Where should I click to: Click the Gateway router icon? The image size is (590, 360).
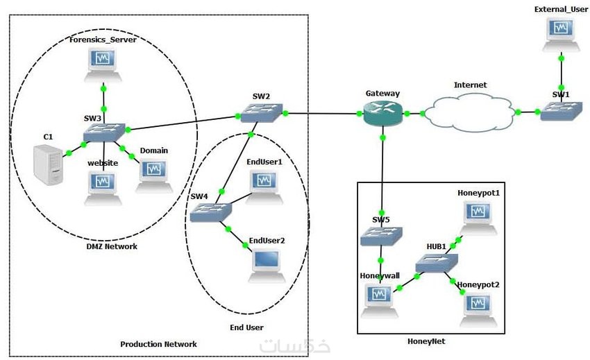[x=381, y=113]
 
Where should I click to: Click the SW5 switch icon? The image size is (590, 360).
[x=380, y=237]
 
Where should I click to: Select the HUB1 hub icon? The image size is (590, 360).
[x=437, y=264]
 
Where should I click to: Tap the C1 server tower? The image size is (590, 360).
[x=48, y=164]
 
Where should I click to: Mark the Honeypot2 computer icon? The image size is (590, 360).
[x=478, y=307]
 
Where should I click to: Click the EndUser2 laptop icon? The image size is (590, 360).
[x=267, y=266]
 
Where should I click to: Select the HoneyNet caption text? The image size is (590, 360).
[x=425, y=341]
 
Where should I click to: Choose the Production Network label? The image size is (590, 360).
[x=158, y=344]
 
